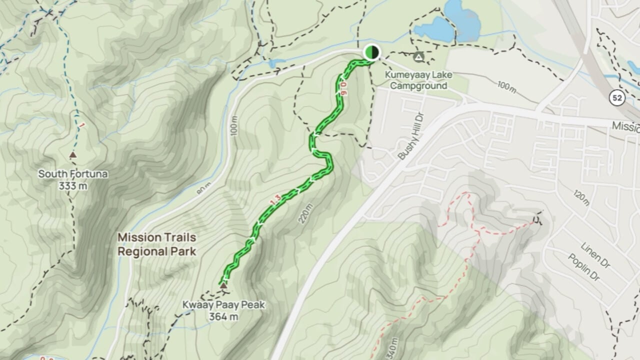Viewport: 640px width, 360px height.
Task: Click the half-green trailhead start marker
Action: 371,52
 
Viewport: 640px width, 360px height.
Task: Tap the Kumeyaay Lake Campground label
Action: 418,80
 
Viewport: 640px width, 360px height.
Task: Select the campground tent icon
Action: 419,57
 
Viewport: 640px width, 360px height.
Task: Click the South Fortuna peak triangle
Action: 73,155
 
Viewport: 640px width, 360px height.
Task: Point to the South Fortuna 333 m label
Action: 73,179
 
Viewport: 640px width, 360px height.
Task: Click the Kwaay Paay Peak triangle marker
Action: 223,285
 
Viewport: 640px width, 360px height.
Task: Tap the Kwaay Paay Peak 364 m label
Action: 223,310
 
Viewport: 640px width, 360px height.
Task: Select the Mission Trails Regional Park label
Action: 156,244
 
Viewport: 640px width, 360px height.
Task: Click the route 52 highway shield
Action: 617,98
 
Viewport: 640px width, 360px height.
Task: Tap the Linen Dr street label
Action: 594,254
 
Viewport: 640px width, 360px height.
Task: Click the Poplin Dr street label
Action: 583,267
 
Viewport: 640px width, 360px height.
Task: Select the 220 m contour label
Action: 306,213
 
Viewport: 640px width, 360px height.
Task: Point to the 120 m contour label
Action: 581,198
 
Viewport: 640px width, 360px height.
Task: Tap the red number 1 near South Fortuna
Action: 80,125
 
